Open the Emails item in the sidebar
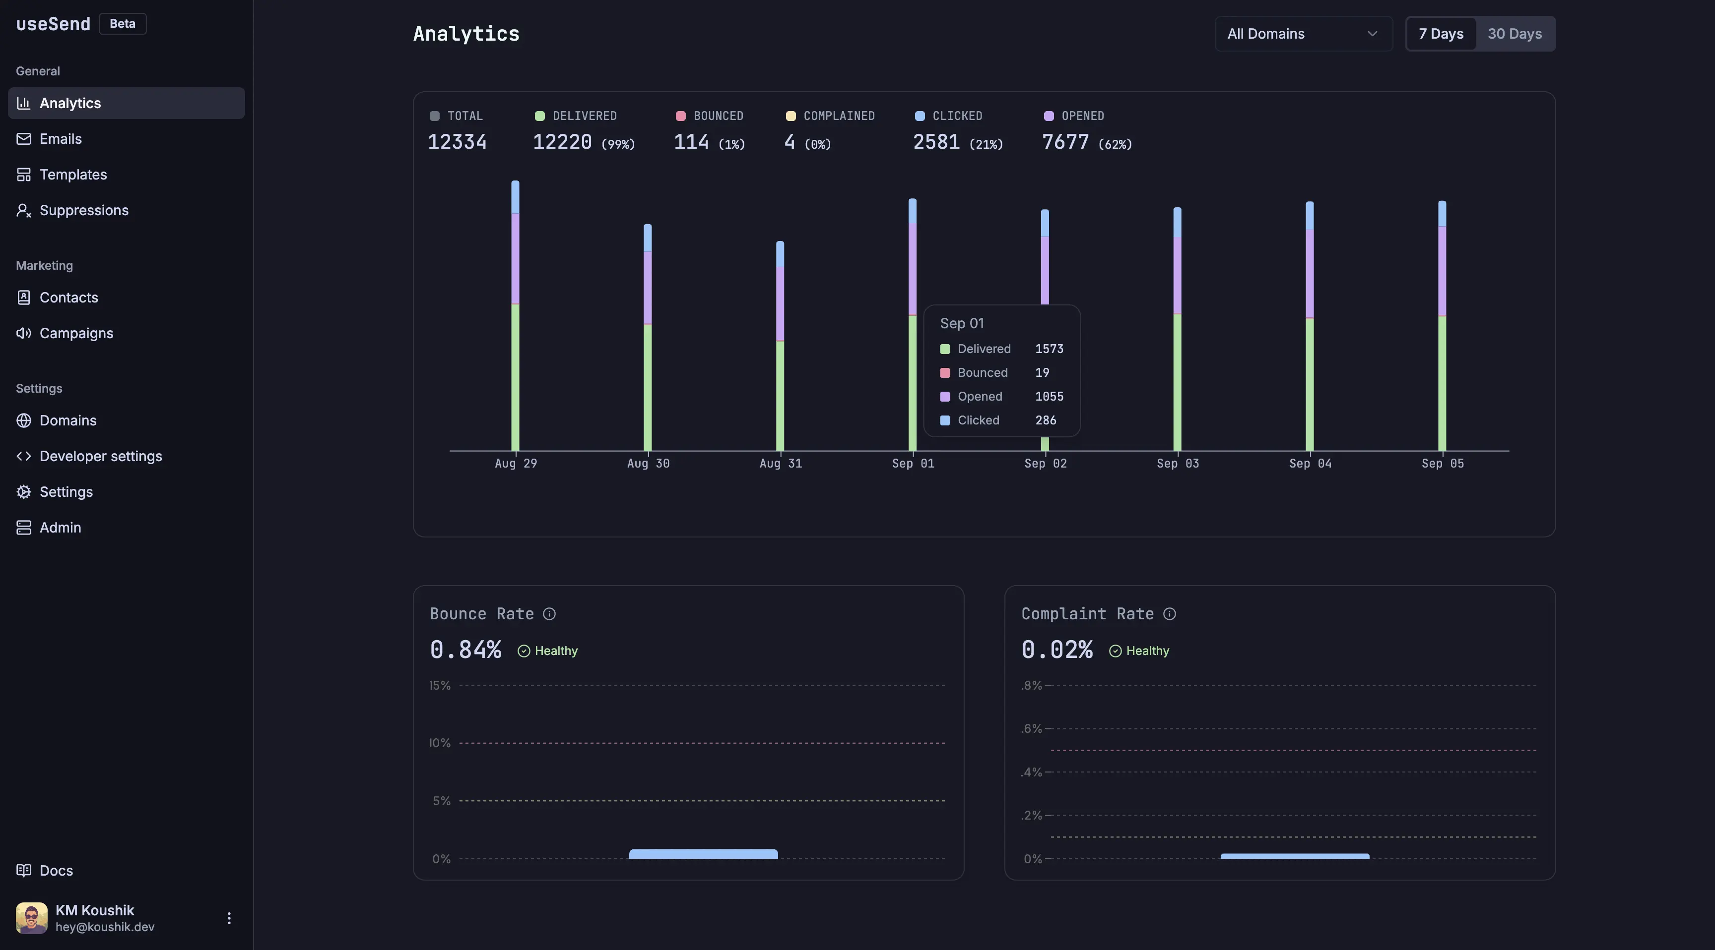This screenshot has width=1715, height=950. point(60,139)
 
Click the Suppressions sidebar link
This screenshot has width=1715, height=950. point(83,210)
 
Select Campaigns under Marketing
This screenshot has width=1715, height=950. point(76,333)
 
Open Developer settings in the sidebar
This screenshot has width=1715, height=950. point(101,456)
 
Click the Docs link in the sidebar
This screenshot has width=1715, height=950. point(56,870)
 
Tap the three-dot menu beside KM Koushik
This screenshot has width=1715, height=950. point(229,918)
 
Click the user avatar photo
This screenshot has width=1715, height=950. point(31,918)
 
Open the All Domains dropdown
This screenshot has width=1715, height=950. point(1303,34)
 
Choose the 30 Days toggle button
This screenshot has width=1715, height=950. point(1514,34)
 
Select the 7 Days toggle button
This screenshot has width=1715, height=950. point(1440,34)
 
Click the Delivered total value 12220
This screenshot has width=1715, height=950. point(562,142)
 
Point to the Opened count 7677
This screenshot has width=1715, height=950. point(1065,142)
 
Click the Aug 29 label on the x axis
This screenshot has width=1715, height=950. point(515,464)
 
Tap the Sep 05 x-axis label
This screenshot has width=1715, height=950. point(1442,464)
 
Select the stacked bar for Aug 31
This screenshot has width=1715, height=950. point(780,346)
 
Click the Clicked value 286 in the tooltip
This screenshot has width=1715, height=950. point(1045,420)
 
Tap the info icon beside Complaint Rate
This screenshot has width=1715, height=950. point(1169,614)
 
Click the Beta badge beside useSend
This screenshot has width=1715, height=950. point(123,24)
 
